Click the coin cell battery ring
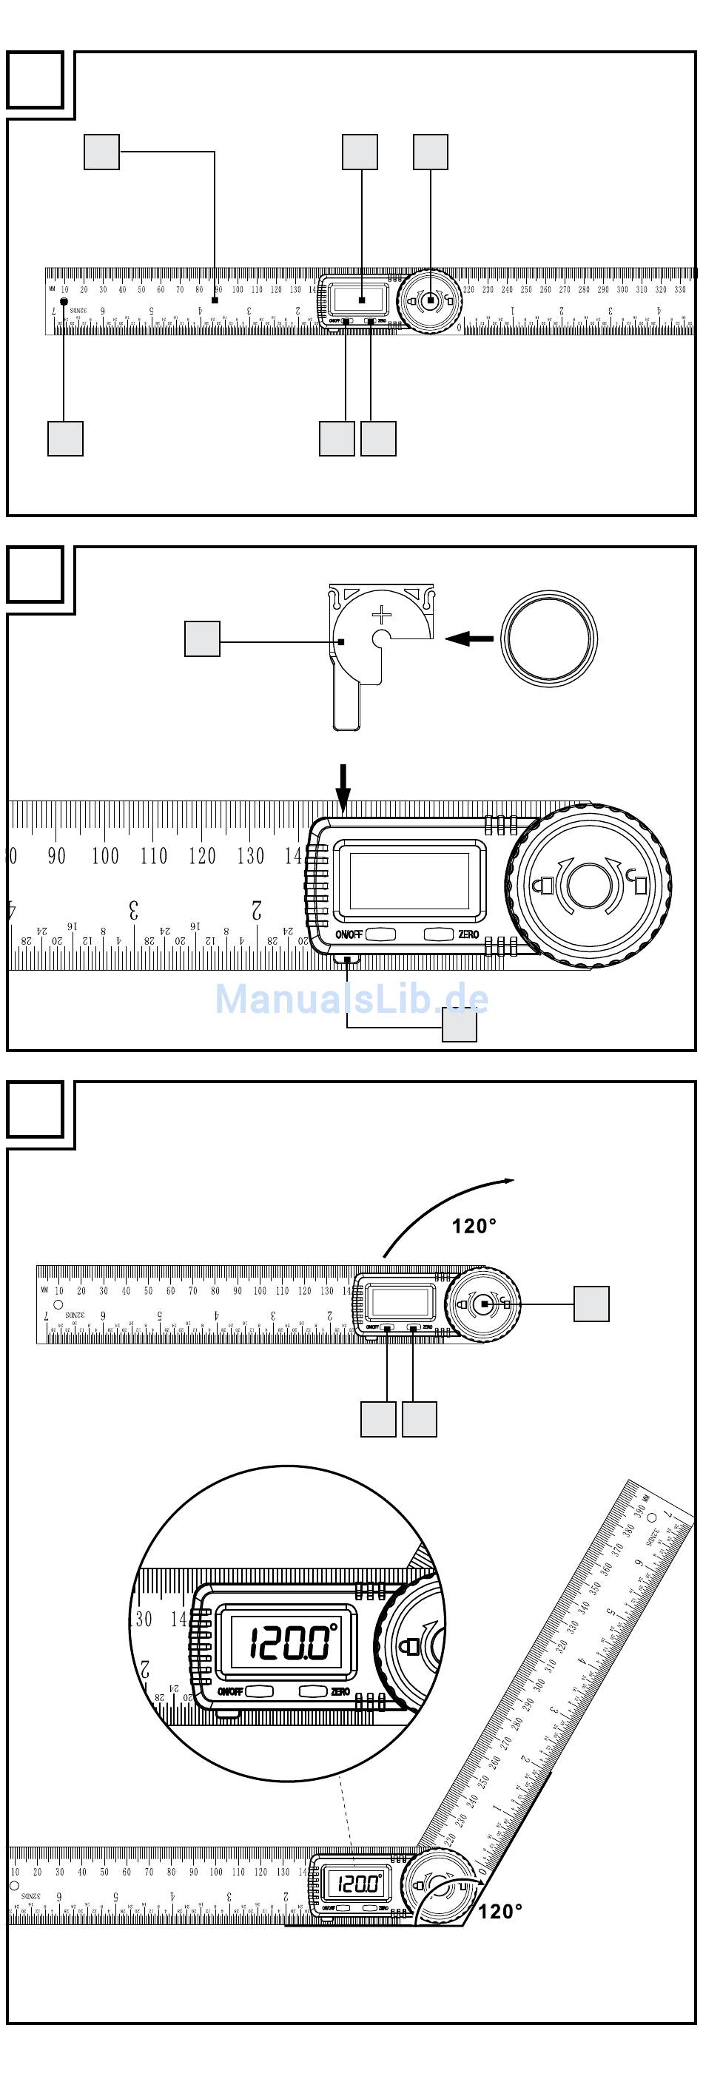(548, 638)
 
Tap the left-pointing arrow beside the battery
(469, 638)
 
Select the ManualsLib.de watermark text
(351, 999)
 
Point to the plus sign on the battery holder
(381, 616)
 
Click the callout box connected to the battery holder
(202, 638)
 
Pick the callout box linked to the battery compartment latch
(460, 1025)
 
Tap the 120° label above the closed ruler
(474, 1226)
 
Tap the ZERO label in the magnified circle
(340, 1691)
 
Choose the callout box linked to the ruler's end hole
(65, 439)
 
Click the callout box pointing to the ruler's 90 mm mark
(101, 152)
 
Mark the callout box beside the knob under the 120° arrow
(591, 1304)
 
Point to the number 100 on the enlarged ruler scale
(105, 856)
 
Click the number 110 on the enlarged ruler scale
(153, 856)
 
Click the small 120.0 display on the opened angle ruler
(357, 1884)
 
